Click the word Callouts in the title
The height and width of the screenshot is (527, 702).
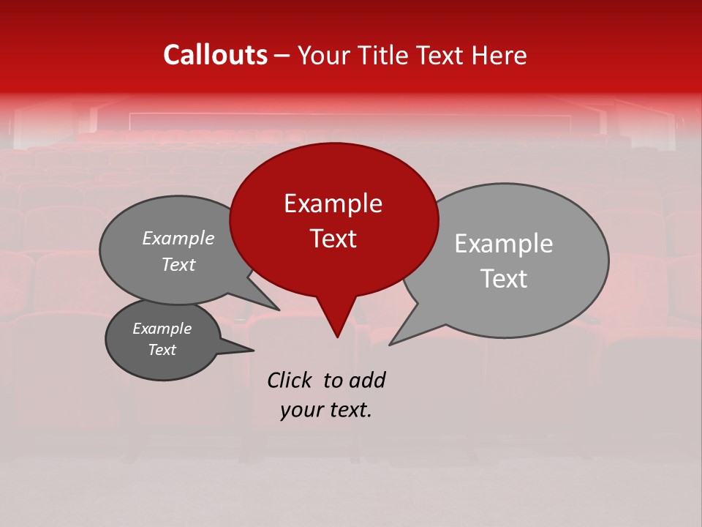(x=215, y=55)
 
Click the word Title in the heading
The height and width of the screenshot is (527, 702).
(x=382, y=56)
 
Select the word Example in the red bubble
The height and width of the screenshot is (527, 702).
(x=333, y=203)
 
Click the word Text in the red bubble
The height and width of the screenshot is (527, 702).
(x=333, y=239)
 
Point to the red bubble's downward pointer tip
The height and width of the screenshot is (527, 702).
(x=337, y=334)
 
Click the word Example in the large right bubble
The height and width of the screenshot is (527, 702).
(x=504, y=244)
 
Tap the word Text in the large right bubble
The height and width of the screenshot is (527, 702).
(x=504, y=279)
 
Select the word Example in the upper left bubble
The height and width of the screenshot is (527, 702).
(x=178, y=239)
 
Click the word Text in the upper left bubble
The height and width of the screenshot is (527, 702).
(x=178, y=265)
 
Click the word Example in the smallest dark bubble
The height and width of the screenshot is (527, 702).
(x=162, y=329)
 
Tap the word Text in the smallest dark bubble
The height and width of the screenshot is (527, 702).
(x=162, y=350)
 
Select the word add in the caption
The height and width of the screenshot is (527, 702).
(x=367, y=381)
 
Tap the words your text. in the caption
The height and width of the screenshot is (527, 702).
(x=325, y=410)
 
